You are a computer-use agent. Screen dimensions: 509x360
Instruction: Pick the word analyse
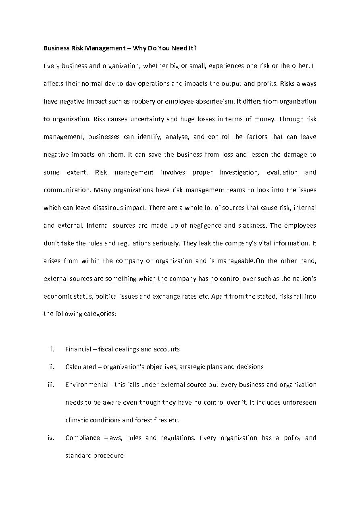pyautogui.click(x=177, y=137)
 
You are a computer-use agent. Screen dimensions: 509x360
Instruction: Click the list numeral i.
pyautogui.click(x=52, y=349)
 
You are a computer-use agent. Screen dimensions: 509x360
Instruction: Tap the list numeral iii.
pyautogui.click(x=51, y=385)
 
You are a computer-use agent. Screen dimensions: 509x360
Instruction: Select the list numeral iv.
pyautogui.click(x=51, y=438)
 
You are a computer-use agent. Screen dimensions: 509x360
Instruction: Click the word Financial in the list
pyautogui.click(x=78, y=349)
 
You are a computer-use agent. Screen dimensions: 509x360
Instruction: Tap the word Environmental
pyautogui.click(x=87, y=385)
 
